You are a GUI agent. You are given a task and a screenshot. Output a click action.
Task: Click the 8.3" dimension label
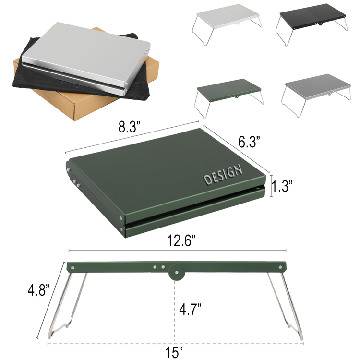129,127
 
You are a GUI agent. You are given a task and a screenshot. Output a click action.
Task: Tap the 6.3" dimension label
249,142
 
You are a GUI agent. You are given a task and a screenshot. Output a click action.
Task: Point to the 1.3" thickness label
282,186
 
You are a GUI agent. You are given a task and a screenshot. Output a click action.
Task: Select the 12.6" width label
181,240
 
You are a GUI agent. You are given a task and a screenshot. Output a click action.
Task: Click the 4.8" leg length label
38,290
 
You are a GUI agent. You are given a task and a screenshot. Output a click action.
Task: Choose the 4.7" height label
190,309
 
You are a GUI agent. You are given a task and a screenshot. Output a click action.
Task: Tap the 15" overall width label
174,352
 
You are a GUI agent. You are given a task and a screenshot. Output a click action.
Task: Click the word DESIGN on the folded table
223,175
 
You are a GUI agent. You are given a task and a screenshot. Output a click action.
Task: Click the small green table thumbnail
229,98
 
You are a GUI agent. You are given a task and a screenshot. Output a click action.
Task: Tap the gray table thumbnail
316,95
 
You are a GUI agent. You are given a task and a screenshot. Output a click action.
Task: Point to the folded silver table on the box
86,59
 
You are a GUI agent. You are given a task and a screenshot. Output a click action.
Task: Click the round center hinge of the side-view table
176,273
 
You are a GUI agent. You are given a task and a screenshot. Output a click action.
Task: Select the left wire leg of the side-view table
67,305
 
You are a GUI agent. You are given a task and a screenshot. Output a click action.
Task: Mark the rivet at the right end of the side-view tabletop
280,267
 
